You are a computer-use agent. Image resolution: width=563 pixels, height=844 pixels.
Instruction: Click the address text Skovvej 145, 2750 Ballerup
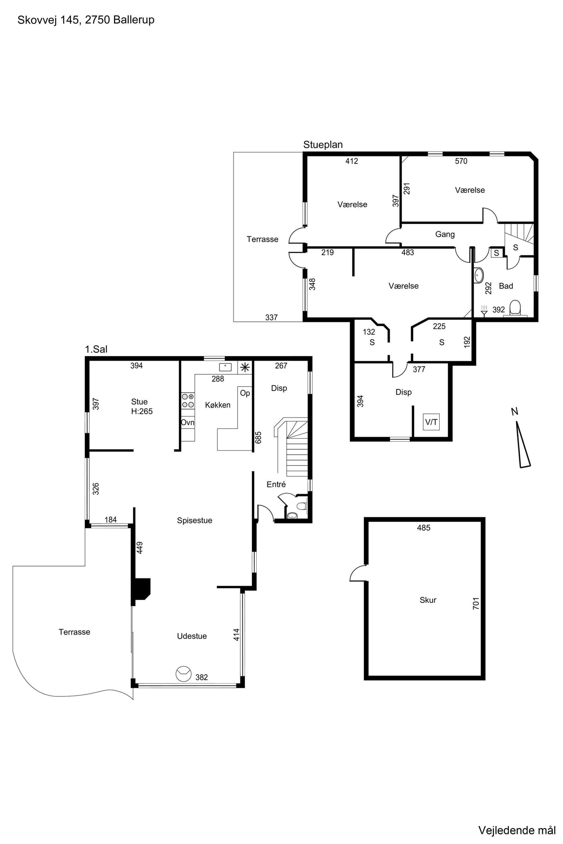coord(86,20)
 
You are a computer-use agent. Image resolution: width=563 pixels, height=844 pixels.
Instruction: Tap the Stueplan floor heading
coord(323,145)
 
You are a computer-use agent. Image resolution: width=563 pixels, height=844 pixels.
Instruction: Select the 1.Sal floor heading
coord(96,349)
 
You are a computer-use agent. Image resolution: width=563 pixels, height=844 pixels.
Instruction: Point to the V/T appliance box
coord(431,422)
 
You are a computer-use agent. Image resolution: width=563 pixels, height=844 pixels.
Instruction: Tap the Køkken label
coord(218,405)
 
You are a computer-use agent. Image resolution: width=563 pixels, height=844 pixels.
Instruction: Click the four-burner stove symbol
coord(188,400)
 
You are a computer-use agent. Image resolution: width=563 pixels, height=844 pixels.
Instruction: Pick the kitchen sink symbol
coord(225,367)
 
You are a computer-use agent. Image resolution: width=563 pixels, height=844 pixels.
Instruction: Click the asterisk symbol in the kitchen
coord(245,367)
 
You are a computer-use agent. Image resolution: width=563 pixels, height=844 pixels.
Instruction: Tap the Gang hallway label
coord(445,234)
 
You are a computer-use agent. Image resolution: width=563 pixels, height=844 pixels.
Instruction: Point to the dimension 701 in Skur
coord(476,603)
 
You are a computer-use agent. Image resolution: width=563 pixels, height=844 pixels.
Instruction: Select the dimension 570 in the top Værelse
coord(461,161)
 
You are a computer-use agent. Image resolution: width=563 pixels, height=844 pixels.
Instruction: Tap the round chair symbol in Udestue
coord(184,674)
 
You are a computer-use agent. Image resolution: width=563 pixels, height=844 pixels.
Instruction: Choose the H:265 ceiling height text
coord(142,412)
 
